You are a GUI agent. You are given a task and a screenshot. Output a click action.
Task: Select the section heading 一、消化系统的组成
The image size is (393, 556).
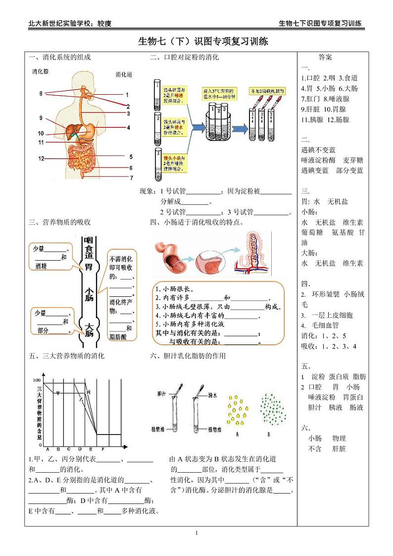click(59, 57)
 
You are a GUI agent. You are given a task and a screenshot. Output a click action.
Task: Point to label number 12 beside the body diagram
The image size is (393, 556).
click(42, 159)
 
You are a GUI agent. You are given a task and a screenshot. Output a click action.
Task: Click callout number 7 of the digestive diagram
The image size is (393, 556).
click(131, 177)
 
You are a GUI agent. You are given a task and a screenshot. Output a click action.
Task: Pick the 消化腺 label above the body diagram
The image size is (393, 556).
click(40, 72)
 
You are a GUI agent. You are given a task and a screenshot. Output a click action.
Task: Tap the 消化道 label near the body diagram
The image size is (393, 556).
click(124, 75)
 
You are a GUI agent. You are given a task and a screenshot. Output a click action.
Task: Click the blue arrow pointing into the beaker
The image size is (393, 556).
click(195, 127)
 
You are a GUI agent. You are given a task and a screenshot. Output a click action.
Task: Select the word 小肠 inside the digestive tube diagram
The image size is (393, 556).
click(89, 294)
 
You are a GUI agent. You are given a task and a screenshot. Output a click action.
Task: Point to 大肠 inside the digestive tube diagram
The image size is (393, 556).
click(89, 330)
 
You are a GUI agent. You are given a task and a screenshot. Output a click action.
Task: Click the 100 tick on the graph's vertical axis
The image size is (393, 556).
click(36, 380)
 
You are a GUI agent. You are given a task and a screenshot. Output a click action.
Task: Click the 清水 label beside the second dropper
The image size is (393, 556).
click(213, 395)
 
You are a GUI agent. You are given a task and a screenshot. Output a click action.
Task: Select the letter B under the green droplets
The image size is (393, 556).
click(268, 435)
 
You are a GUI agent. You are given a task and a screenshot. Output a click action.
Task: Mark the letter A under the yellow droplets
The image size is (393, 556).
click(238, 435)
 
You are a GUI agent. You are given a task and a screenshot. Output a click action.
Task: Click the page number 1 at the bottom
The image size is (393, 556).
click(196, 533)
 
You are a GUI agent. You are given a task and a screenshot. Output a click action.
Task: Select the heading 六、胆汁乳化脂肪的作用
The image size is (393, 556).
click(188, 356)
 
